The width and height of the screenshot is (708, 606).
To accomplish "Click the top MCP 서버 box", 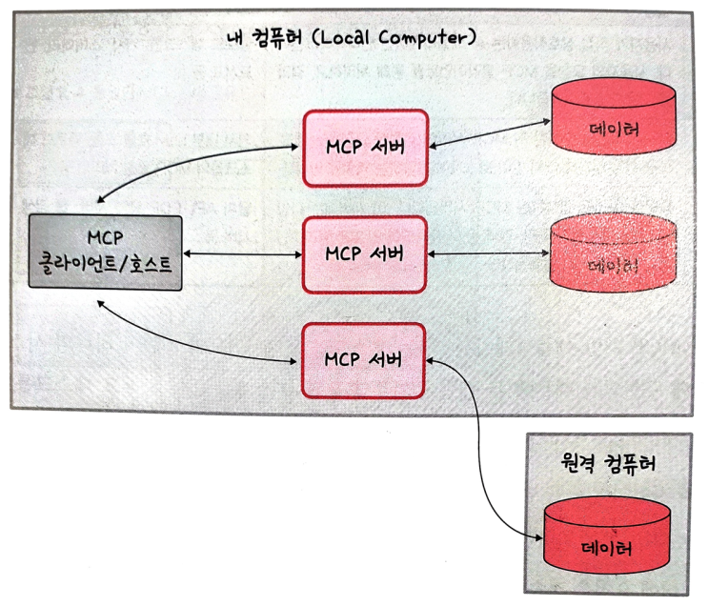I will point(365,149).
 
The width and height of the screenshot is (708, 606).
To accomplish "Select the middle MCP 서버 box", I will point(365,254).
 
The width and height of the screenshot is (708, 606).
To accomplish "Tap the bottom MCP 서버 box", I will point(365,360).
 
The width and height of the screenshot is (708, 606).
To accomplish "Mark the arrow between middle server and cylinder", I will point(488,254).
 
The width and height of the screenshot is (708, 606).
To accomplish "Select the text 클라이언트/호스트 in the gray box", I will point(105,266).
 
